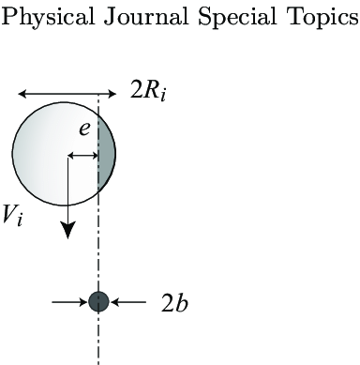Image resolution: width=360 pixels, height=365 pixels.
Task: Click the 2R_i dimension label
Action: (x=149, y=93)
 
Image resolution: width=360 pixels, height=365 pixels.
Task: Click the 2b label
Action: (x=174, y=304)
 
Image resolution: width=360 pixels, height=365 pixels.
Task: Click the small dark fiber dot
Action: (x=98, y=301)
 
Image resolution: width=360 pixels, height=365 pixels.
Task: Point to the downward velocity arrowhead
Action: (x=68, y=230)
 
